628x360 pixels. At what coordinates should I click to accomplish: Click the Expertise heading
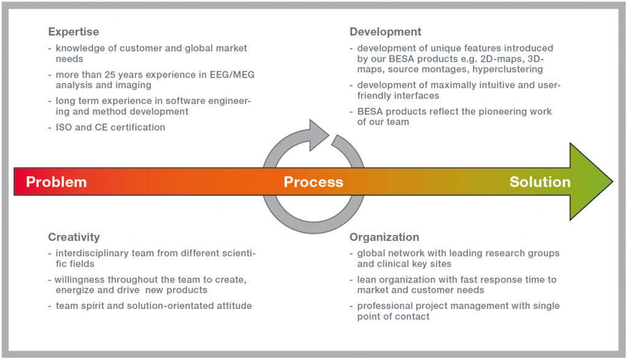[74, 32]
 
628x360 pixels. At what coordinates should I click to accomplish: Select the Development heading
[385, 32]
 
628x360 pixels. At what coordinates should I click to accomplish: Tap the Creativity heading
[74, 237]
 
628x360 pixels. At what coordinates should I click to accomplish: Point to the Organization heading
[384, 237]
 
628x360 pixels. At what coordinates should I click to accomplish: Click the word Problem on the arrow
[56, 182]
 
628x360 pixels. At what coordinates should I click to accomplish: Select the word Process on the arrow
[313, 182]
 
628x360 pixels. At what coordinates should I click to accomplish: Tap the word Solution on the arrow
[540, 182]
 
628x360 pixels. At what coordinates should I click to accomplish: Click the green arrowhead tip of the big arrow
[613, 182]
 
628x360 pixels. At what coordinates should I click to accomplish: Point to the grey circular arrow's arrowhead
[318, 134]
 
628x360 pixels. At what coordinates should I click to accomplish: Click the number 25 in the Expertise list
[110, 75]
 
